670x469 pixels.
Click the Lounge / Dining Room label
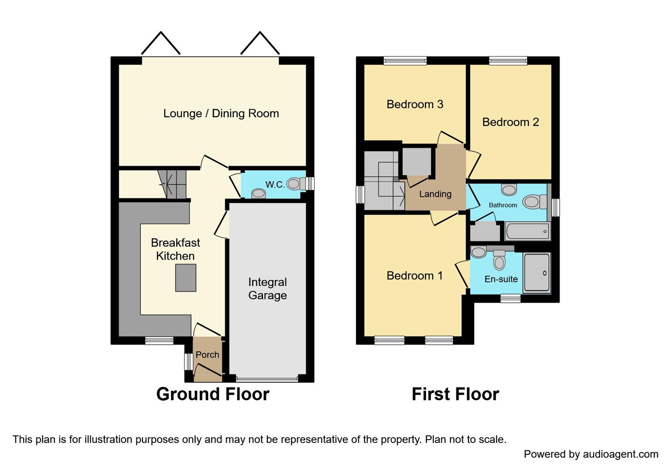coord(221,113)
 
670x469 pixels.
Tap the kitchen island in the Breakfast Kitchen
coord(186,277)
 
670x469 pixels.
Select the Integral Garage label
coord(267,289)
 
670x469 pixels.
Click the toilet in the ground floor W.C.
coord(296,184)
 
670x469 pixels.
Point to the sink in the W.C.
coord(259,194)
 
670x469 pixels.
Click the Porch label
coord(207,355)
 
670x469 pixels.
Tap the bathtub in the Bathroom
coord(527,231)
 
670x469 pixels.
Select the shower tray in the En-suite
coord(537,273)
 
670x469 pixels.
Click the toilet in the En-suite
coord(499,261)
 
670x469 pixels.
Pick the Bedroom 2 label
coord(511,122)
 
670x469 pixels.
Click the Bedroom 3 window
coord(405,61)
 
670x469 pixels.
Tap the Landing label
coord(435,194)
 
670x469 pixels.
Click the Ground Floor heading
coord(212,394)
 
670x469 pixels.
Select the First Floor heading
coord(455,394)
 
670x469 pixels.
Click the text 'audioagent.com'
coord(620,454)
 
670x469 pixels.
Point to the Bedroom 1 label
coord(415,276)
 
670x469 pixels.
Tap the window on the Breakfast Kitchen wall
coord(159,341)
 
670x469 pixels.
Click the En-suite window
coord(510,298)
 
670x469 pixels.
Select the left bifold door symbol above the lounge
coord(161,43)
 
